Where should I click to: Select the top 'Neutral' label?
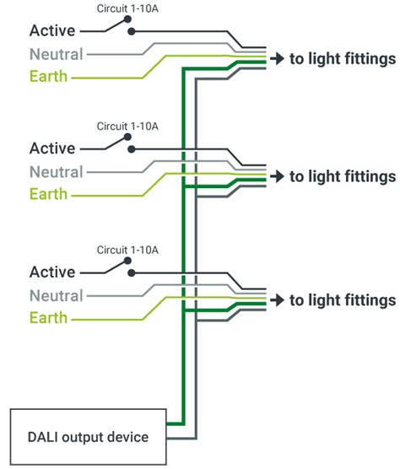point(56,55)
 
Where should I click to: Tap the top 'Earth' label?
point(49,78)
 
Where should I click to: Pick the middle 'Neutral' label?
point(56,172)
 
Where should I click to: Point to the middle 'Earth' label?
point(49,195)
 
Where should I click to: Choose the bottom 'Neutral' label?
point(56,296)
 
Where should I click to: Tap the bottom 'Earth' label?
point(49,319)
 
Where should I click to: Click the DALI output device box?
point(88,437)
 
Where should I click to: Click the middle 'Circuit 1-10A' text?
point(127,126)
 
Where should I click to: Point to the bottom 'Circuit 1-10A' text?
point(127,250)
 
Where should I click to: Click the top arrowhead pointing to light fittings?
point(276,59)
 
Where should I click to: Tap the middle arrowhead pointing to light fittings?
point(276,176)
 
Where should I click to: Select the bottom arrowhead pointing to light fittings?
point(276,300)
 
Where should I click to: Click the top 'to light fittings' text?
point(343,59)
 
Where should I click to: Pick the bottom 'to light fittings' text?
point(343,300)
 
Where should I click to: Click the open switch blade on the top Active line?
point(116,25)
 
